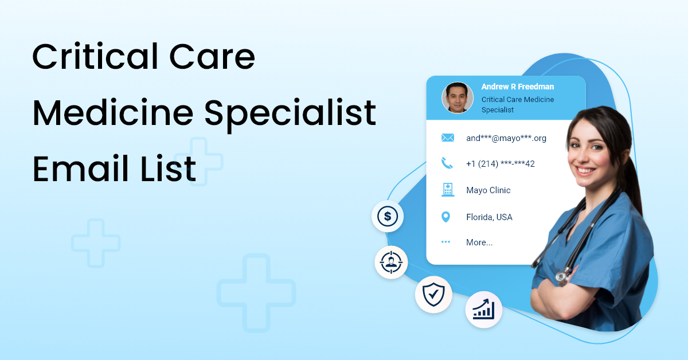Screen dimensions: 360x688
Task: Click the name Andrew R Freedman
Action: tap(517, 87)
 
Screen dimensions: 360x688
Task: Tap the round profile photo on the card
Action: tap(457, 97)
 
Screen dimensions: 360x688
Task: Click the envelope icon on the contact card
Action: tap(447, 138)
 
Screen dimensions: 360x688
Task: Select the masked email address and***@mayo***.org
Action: tap(506, 138)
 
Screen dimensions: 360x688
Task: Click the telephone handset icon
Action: tap(447, 163)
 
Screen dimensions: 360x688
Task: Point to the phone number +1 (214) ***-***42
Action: tap(500, 164)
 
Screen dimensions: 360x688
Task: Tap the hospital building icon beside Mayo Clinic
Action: tap(447, 190)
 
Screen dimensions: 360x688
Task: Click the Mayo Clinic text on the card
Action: tap(488, 190)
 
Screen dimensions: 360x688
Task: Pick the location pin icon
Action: tap(445, 217)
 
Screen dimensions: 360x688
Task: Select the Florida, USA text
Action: tap(489, 217)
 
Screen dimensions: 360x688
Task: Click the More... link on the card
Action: tap(479, 242)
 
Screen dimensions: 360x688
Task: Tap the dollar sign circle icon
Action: tap(388, 216)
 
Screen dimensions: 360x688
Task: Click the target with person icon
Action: tap(391, 262)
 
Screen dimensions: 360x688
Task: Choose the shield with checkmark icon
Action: tap(433, 294)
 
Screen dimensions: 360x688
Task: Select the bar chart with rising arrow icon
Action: tap(483, 310)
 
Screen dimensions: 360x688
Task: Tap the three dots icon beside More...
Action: tap(445, 242)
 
